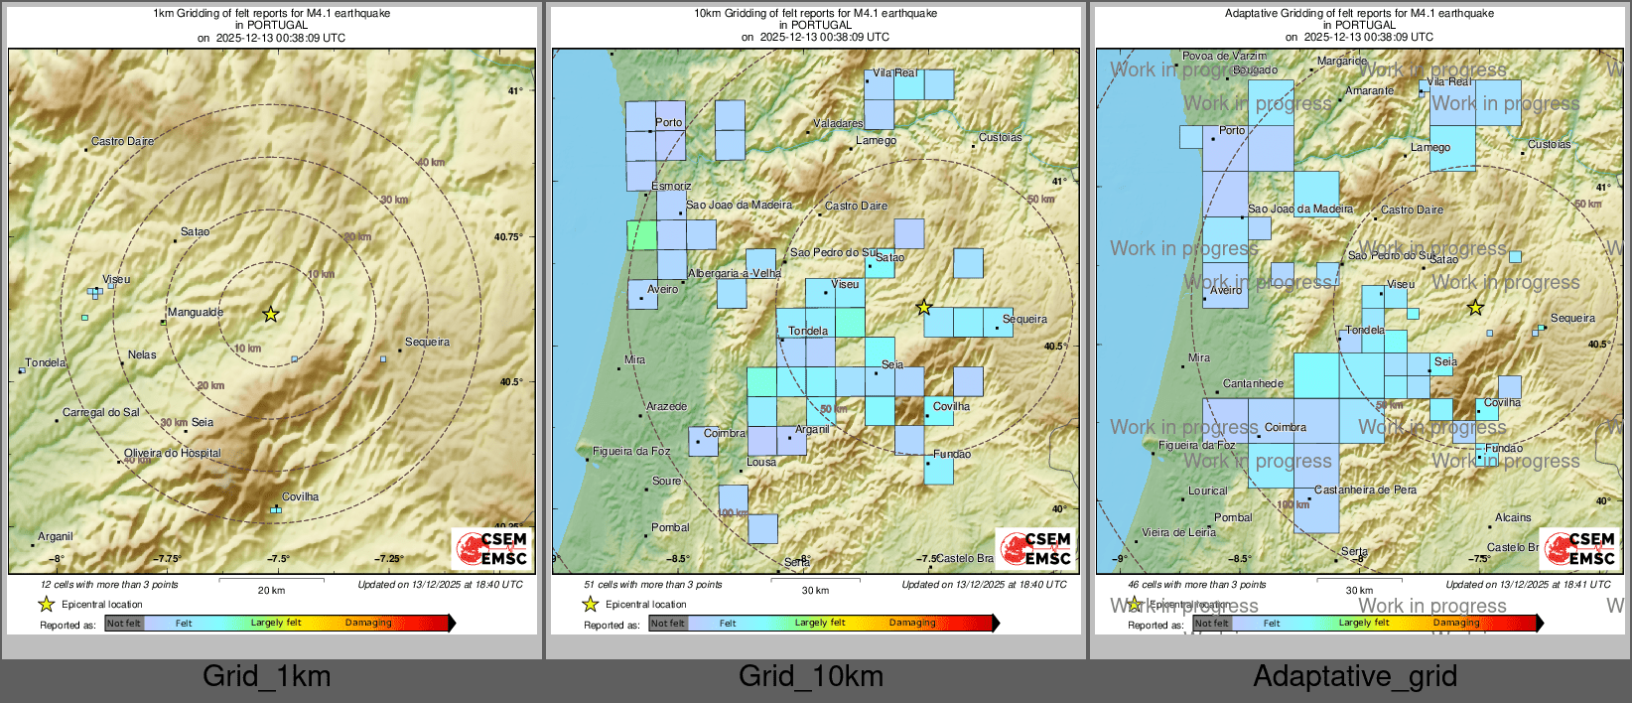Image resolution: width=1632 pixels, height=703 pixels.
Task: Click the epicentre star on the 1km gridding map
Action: pyautogui.click(x=270, y=314)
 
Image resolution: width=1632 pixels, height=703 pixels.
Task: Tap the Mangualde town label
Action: pyautogui.click(x=196, y=312)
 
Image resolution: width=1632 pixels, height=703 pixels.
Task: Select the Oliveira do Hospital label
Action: pyautogui.click(x=173, y=453)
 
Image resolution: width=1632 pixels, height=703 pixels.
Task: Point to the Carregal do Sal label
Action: pyautogui.click(x=101, y=412)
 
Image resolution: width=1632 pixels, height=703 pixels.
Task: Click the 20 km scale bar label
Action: pyautogui.click(x=271, y=590)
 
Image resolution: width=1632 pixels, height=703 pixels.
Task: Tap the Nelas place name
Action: pyautogui.click(x=142, y=354)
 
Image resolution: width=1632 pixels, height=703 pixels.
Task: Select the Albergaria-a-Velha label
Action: pyautogui.click(x=735, y=273)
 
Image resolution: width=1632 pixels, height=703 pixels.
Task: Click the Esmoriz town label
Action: pyautogui.click(x=671, y=186)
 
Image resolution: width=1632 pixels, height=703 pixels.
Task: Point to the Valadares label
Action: pyautogui.click(x=838, y=123)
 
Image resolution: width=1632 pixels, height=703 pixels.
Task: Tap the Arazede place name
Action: pyautogui.click(x=666, y=406)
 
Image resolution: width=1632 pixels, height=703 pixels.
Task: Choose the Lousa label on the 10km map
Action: pyautogui.click(x=761, y=462)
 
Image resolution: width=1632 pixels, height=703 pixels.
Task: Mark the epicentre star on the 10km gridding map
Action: pyautogui.click(x=923, y=308)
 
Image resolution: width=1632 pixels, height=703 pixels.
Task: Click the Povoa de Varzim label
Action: pyautogui.click(x=1224, y=56)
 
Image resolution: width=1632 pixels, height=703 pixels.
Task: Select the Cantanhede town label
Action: pyautogui.click(x=1253, y=383)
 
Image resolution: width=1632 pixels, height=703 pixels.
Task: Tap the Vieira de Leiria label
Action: pyautogui.click(x=1178, y=532)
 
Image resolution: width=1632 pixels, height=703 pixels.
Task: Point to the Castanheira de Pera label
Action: pyautogui.click(x=1365, y=490)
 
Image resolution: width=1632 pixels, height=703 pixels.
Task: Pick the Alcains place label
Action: pyautogui.click(x=1513, y=517)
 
